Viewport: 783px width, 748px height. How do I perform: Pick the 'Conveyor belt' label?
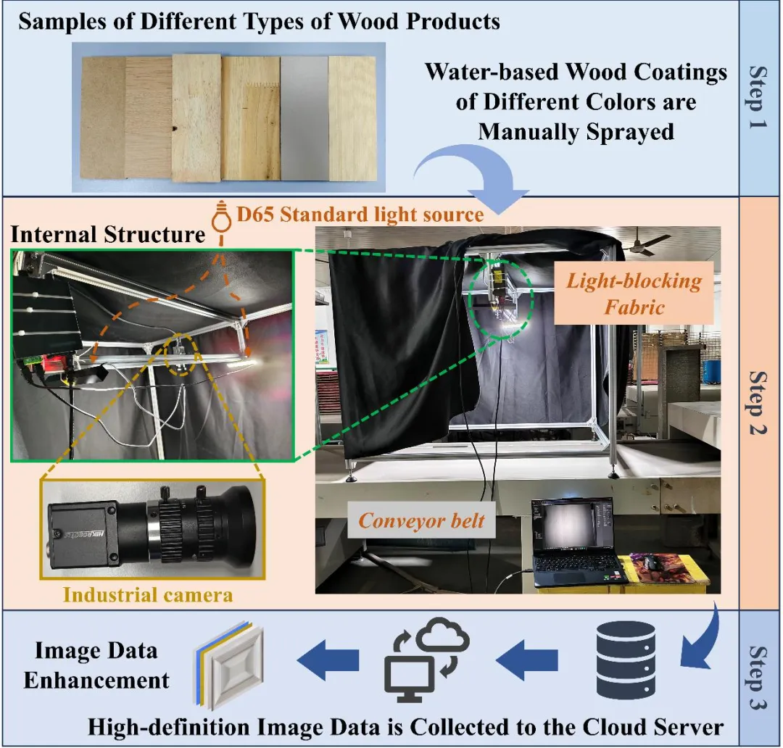pos(422,520)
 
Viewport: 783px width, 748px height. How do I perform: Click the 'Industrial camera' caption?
pos(148,594)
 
